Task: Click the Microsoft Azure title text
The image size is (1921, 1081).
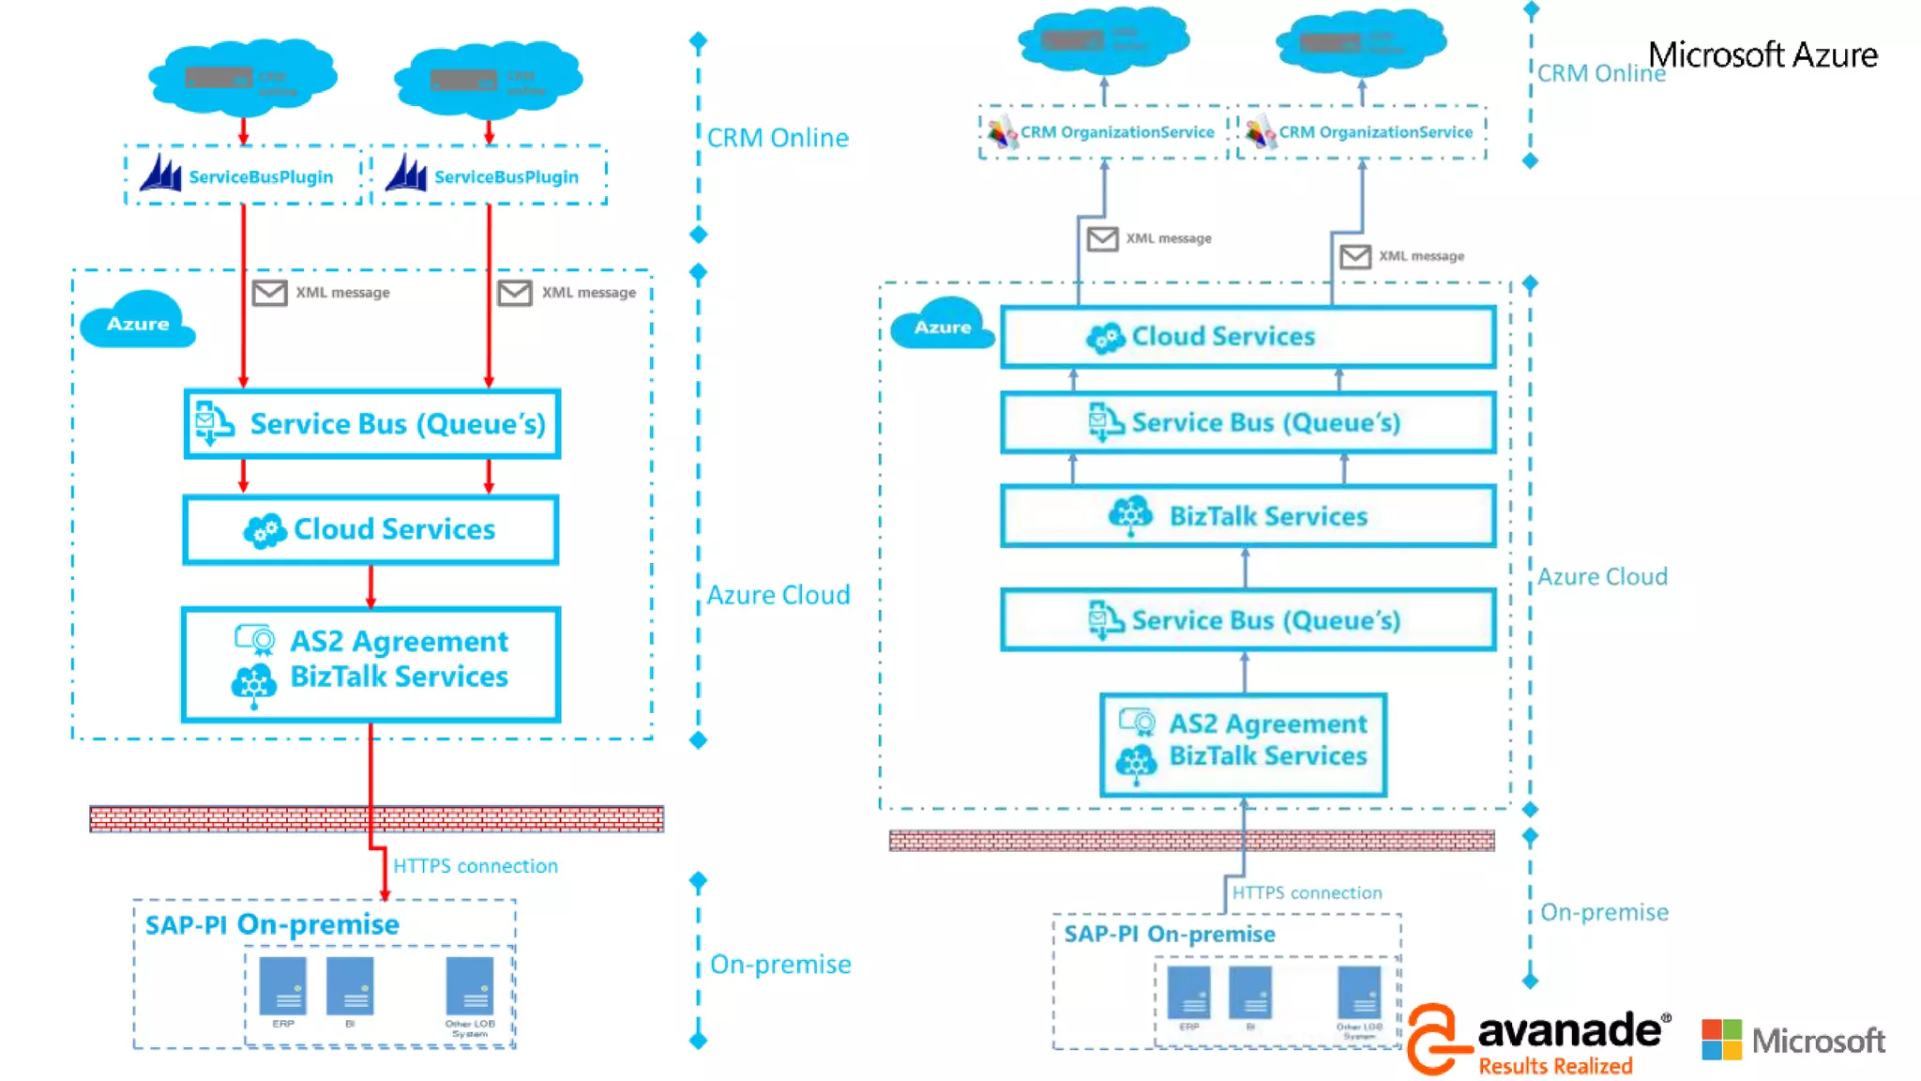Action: click(x=1762, y=55)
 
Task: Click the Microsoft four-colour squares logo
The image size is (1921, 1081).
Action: click(x=1721, y=1040)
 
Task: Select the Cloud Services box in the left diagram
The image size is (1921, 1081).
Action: click(x=371, y=530)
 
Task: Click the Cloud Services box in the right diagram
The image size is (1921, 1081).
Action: click(x=1248, y=336)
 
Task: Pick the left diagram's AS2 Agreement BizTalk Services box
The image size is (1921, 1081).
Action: click(x=371, y=663)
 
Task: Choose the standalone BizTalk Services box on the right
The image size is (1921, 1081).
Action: click(x=1248, y=516)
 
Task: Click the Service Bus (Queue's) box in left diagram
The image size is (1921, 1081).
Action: click(x=372, y=424)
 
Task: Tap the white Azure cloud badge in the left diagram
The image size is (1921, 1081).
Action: click(x=138, y=322)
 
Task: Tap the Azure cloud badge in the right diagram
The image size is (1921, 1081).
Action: click(x=942, y=327)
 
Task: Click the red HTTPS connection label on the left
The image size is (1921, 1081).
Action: click(x=475, y=866)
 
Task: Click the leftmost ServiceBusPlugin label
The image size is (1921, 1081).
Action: click(x=261, y=177)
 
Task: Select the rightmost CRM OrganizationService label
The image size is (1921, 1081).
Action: click(x=1376, y=132)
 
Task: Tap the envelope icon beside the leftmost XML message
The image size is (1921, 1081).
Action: click(x=269, y=293)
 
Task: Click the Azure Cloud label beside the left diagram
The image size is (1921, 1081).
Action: click(x=779, y=595)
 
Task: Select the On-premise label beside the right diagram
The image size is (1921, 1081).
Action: click(x=1604, y=912)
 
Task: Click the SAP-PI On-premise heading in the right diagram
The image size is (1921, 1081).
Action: click(x=1170, y=935)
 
